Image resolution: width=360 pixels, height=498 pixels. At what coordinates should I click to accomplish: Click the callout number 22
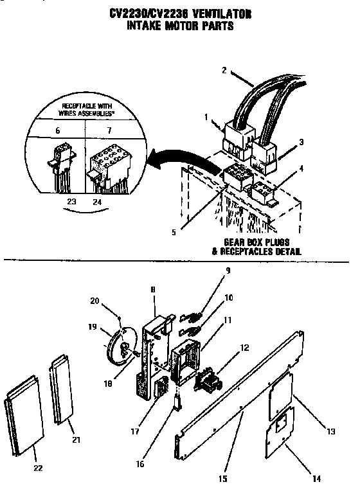click(38, 468)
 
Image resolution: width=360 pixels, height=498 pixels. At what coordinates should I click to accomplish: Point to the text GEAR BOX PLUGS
click(252, 242)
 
